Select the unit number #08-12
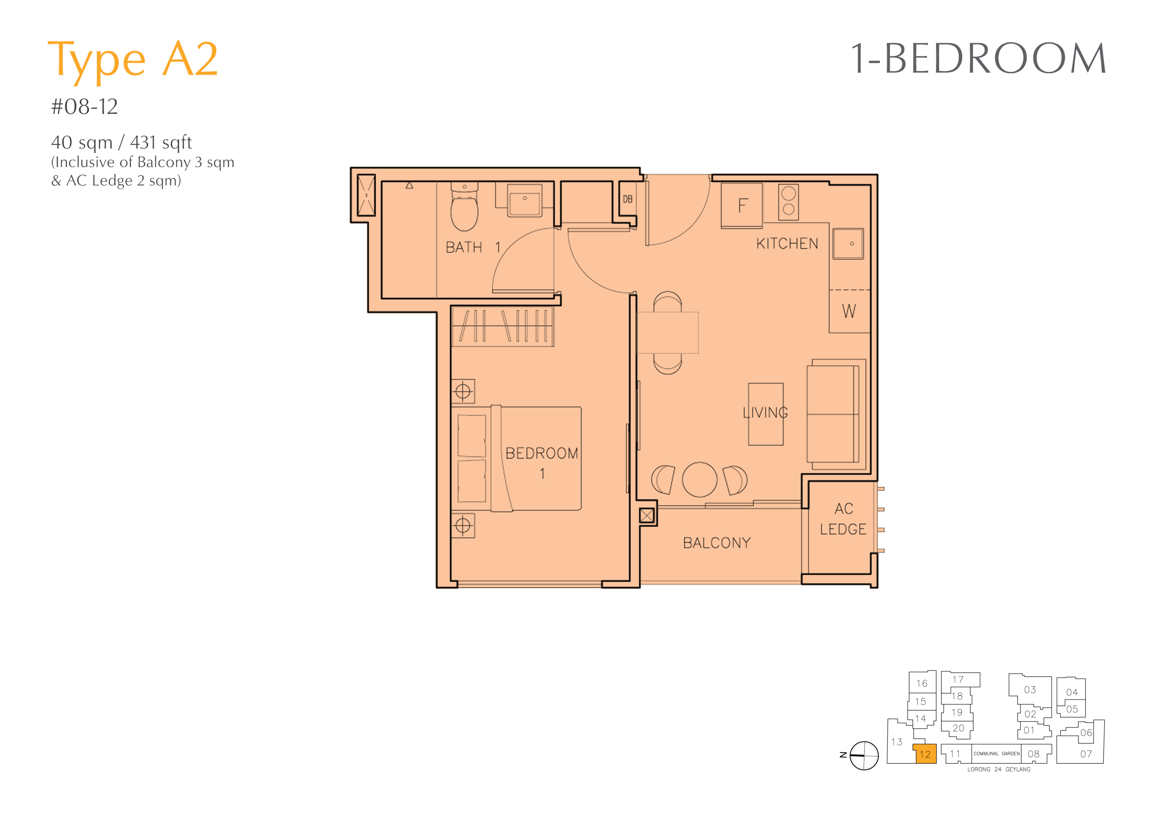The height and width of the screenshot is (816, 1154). [85, 107]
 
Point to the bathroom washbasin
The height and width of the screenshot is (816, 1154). [525, 200]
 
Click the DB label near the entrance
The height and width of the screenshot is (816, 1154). [628, 199]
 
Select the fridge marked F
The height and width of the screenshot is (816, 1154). [742, 206]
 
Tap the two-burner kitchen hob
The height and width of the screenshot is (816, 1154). [789, 202]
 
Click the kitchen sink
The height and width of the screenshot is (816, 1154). [848, 244]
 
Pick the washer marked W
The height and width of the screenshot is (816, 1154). [849, 311]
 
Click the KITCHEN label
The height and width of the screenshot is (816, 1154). [787, 244]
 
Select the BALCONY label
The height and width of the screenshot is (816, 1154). [717, 543]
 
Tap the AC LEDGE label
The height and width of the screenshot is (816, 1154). [843, 519]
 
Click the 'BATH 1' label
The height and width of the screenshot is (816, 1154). [473, 247]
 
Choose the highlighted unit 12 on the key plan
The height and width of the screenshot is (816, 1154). [925, 754]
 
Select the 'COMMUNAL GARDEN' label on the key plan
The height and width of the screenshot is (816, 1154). [997, 754]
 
